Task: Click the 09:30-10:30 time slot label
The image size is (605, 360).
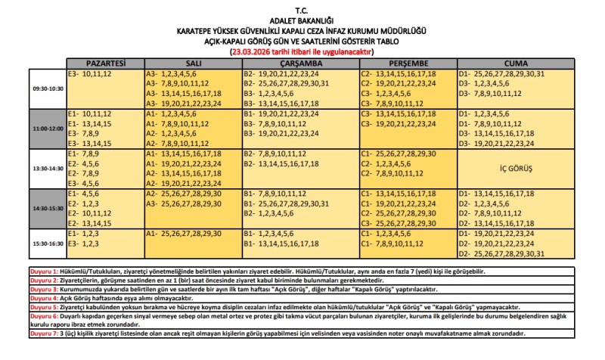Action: (x=48, y=89)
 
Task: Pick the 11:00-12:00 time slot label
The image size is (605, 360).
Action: (x=48, y=129)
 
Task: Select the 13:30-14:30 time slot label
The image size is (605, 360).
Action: (x=48, y=169)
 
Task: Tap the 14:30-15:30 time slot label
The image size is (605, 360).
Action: (x=48, y=207)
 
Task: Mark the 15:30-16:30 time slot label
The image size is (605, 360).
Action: (x=48, y=244)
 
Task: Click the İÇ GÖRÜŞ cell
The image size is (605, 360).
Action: (x=517, y=169)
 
